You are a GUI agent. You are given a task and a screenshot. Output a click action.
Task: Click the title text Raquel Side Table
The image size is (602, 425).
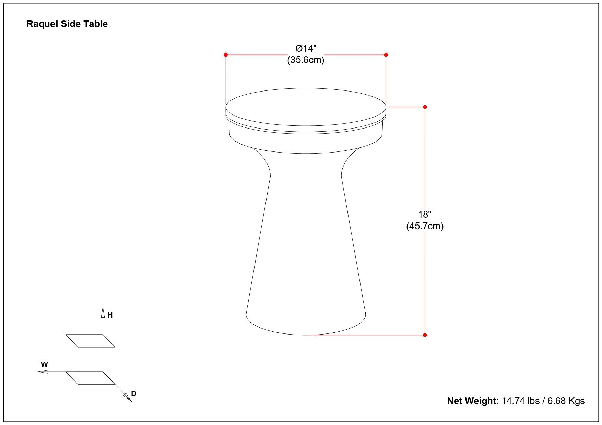click(x=67, y=24)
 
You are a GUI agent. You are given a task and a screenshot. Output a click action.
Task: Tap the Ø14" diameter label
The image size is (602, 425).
click(x=306, y=48)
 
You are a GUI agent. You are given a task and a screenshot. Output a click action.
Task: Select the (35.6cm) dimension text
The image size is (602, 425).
click(x=306, y=60)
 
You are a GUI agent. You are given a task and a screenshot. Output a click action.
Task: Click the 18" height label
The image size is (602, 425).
click(x=425, y=215)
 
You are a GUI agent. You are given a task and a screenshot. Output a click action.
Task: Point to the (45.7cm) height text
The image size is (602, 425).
click(x=425, y=226)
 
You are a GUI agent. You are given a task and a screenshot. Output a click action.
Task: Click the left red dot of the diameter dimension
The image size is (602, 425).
click(x=226, y=55)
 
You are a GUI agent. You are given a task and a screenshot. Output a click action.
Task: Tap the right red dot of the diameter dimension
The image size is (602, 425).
click(x=386, y=55)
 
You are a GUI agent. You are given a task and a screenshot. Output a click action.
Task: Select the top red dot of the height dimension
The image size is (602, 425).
click(x=425, y=107)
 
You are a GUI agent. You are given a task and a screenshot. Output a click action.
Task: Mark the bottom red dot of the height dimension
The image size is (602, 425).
click(x=425, y=335)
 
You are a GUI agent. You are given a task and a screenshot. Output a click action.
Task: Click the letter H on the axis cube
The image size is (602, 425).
click(x=110, y=315)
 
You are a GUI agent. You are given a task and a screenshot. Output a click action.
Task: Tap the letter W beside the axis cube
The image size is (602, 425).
click(x=44, y=364)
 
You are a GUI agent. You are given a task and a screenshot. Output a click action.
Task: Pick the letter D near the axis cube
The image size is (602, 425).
click(x=134, y=394)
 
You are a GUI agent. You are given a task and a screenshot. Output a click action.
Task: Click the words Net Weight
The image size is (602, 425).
click(x=471, y=401)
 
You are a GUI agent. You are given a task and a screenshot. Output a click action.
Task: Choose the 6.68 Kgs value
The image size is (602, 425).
click(x=566, y=401)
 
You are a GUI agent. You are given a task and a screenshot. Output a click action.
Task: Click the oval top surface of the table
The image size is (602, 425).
click(x=306, y=107)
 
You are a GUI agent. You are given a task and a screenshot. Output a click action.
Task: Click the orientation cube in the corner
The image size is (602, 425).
click(x=90, y=359)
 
